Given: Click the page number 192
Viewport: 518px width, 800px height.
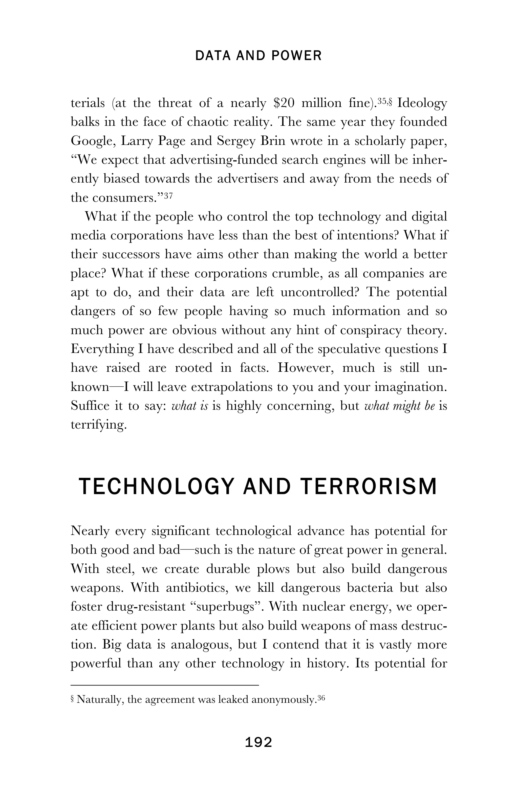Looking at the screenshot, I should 258,742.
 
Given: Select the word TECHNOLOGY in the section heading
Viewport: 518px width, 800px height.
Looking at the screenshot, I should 156,487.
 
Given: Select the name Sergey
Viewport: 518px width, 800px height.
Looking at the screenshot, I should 236,141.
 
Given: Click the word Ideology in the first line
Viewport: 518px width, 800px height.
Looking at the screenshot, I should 422,103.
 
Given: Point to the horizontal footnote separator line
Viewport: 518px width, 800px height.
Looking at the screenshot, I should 165,685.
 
